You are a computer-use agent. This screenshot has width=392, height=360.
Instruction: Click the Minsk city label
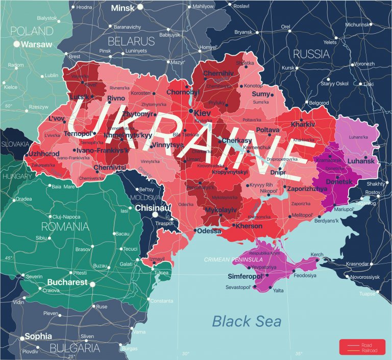[123, 8]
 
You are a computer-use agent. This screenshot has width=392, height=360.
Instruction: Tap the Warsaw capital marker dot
[16, 44]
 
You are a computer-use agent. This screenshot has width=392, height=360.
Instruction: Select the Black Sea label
[247, 321]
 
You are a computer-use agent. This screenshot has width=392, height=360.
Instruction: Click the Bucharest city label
[67, 282]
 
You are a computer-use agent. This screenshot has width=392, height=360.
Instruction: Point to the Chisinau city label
[152, 208]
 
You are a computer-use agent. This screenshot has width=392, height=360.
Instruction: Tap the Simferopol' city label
[246, 276]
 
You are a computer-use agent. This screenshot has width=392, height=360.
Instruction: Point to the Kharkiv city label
[303, 124]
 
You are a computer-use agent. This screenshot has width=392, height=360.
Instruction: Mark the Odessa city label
[209, 231]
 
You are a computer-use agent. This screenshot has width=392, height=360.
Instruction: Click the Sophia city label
[38, 337]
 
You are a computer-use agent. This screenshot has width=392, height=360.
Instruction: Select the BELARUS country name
[131, 41]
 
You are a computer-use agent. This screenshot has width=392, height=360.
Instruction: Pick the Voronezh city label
[364, 64]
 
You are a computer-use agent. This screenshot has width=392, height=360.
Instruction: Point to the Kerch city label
[317, 254]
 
